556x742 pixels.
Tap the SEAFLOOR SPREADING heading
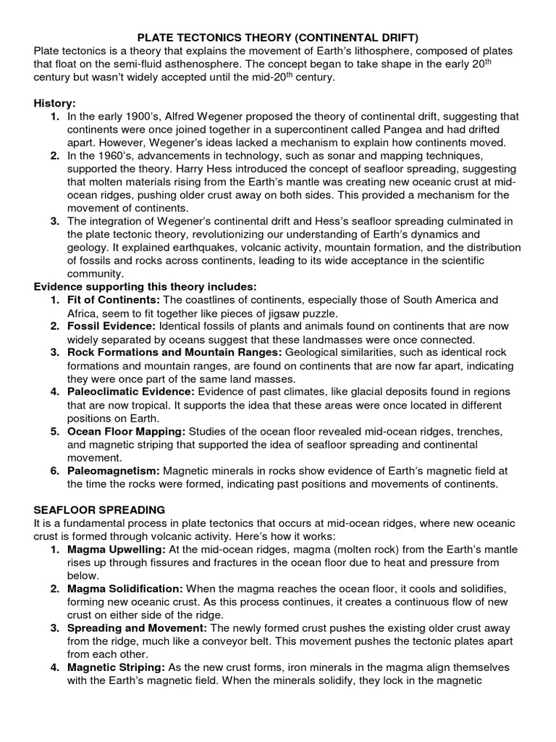(100, 510)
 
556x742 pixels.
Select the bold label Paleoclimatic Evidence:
(131, 392)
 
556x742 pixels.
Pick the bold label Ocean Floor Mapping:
(127, 431)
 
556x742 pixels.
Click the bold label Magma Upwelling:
(118, 549)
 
